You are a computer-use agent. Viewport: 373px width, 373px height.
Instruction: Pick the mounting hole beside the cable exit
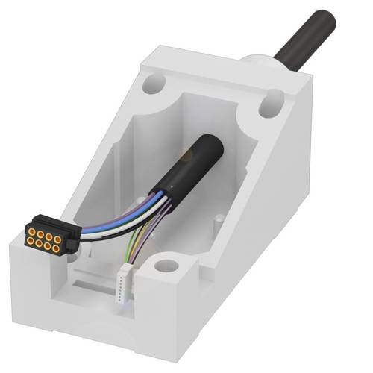(x=269, y=109)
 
